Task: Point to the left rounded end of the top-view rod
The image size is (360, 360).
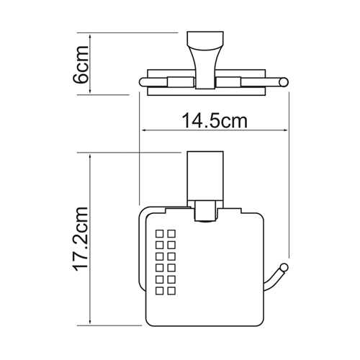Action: pyautogui.click(x=142, y=82)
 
